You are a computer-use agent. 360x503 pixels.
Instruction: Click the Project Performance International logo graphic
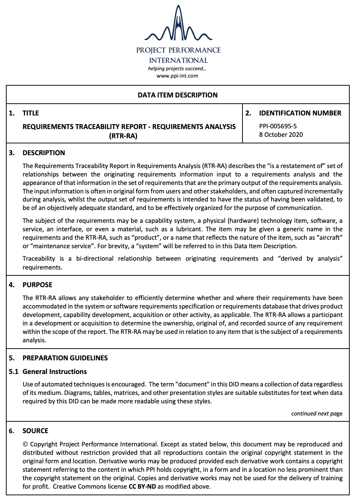pyautogui.click(x=178, y=24)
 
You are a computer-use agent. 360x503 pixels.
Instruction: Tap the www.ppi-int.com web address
pyautogui.click(x=177, y=76)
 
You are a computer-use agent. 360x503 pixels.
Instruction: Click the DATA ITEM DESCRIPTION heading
pyautogui.click(x=177, y=95)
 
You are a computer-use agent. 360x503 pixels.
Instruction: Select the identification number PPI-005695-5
pyautogui.click(x=278, y=126)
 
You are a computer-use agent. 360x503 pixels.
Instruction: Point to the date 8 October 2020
pyautogui.click(x=281, y=135)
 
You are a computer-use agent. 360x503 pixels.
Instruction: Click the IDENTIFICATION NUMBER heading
pyautogui.click(x=300, y=113)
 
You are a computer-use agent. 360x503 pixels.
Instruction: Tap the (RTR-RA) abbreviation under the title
pyautogui.click(x=123, y=136)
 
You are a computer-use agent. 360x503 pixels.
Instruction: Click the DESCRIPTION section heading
pyautogui.click(x=44, y=153)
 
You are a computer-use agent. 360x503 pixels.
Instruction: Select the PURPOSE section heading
pyautogui.click(x=37, y=285)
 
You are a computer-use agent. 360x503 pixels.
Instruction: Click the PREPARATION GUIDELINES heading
pyautogui.click(x=65, y=358)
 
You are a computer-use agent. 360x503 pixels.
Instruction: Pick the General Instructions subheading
pyautogui.click(x=55, y=372)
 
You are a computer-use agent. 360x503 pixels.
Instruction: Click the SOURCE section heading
pyautogui.click(x=35, y=431)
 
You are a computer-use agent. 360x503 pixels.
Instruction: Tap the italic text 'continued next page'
pyautogui.click(x=317, y=414)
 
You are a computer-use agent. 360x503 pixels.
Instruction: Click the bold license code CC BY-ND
pyautogui.click(x=142, y=486)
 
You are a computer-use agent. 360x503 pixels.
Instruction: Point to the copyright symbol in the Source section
pyautogui.click(x=25, y=444)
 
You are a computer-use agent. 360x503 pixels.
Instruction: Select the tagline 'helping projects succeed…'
pyautogui.click(x=177, y=68)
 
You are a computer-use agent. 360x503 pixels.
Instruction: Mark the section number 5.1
pyautogui.click(x=14, y=372)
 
